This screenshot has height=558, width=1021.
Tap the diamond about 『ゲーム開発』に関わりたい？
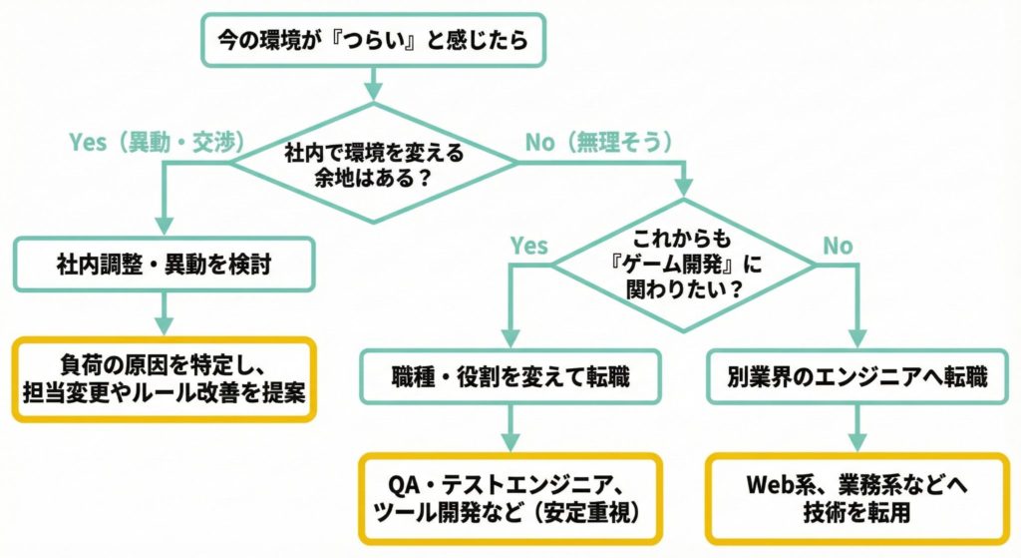pyautogui.click(x=684, y=265)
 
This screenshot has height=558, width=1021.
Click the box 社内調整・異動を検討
pyautogui.click(x=165, y=267)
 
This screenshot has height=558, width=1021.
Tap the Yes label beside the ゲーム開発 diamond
pyautogui.click(x=528, y=245)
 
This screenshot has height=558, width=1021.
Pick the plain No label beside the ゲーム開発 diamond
pyautogui.click(x=838, y=245)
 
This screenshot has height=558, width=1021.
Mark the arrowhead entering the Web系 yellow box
pyautogui.click(x=856, y=444)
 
